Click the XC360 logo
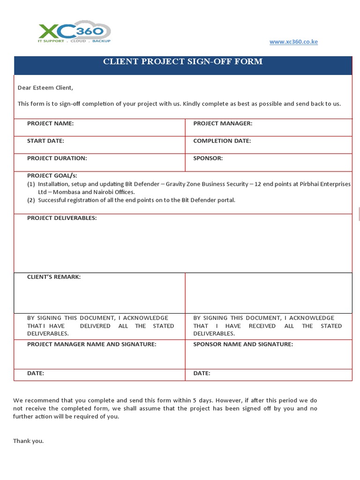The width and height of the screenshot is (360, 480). pos(74,32)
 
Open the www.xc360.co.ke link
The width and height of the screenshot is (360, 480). pos(293,42)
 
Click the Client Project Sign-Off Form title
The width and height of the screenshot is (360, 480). pos(183,61)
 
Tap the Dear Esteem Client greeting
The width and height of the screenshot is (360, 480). pos(45,88)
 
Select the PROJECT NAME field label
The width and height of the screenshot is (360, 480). pos(50,123)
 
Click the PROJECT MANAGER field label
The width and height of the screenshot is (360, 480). pos(223,123)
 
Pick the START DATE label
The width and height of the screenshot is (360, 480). pos(45,141)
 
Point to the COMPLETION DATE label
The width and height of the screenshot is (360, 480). pos(222,141)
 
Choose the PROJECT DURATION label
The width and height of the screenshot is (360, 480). pos(57,158)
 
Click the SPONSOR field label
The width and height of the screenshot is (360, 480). pos(208,158)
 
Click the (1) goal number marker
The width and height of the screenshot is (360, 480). pos(31,184)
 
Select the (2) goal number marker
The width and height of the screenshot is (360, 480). pos(31,200)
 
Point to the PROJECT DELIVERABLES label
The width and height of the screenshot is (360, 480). pos(62,218)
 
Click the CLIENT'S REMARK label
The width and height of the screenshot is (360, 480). pos(54,277)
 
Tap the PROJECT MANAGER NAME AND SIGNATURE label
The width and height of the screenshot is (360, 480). pos(91,344)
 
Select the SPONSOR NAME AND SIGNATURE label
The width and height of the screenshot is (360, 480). pos(243,344)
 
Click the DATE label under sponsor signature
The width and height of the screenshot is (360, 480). pos(202,373)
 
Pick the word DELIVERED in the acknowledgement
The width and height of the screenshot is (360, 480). pos(95,326)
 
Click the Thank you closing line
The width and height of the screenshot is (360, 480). pos(28,441)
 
